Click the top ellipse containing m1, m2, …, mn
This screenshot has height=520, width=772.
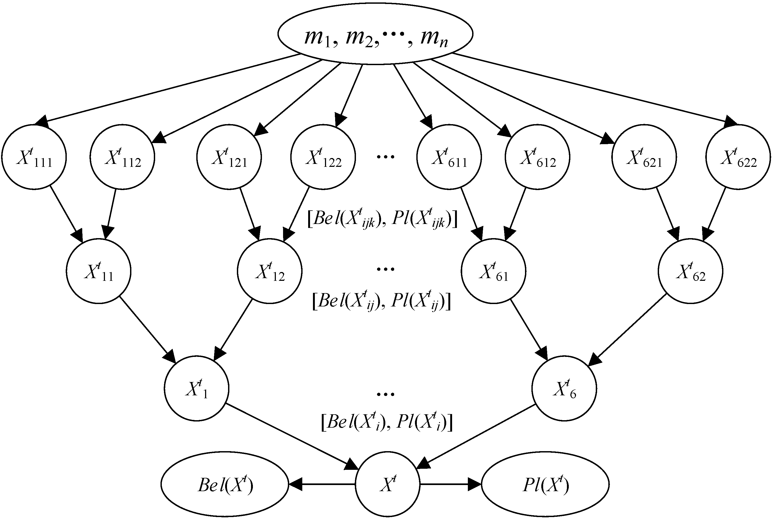[375, 34]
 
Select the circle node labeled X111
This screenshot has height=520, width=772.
[34, 157]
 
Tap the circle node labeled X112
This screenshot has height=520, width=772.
[122, 157]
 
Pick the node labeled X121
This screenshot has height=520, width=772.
[229, 157]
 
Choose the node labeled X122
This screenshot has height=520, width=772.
[323, 157]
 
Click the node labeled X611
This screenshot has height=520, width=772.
[449, 157]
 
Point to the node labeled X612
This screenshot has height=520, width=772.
[538, 157]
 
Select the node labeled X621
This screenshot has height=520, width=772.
[644, 157]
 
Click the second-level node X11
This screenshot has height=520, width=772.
[99, 271]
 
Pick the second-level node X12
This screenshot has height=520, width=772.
[270, 271]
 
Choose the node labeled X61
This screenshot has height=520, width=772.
[493, 271]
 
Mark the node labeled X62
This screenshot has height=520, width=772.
[691, 271]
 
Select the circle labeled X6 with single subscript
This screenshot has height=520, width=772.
[564, 388]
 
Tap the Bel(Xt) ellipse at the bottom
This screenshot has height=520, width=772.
[225, 484]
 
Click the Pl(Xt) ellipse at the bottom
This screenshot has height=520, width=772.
[545, 484]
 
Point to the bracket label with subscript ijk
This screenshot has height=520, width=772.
[382, 219]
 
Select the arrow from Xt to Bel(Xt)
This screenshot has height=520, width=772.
[322, 484]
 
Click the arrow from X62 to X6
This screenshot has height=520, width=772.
[627, 330]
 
